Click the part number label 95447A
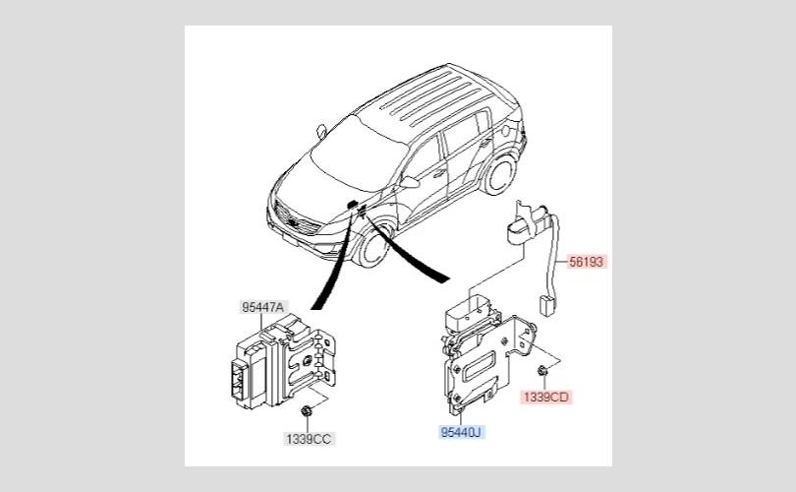(x=262, y=307)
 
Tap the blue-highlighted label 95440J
(x=462, y=431)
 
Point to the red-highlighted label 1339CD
(x=545, y=397)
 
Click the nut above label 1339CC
(x=306, y=409)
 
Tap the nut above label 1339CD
(x=541, y=370)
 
